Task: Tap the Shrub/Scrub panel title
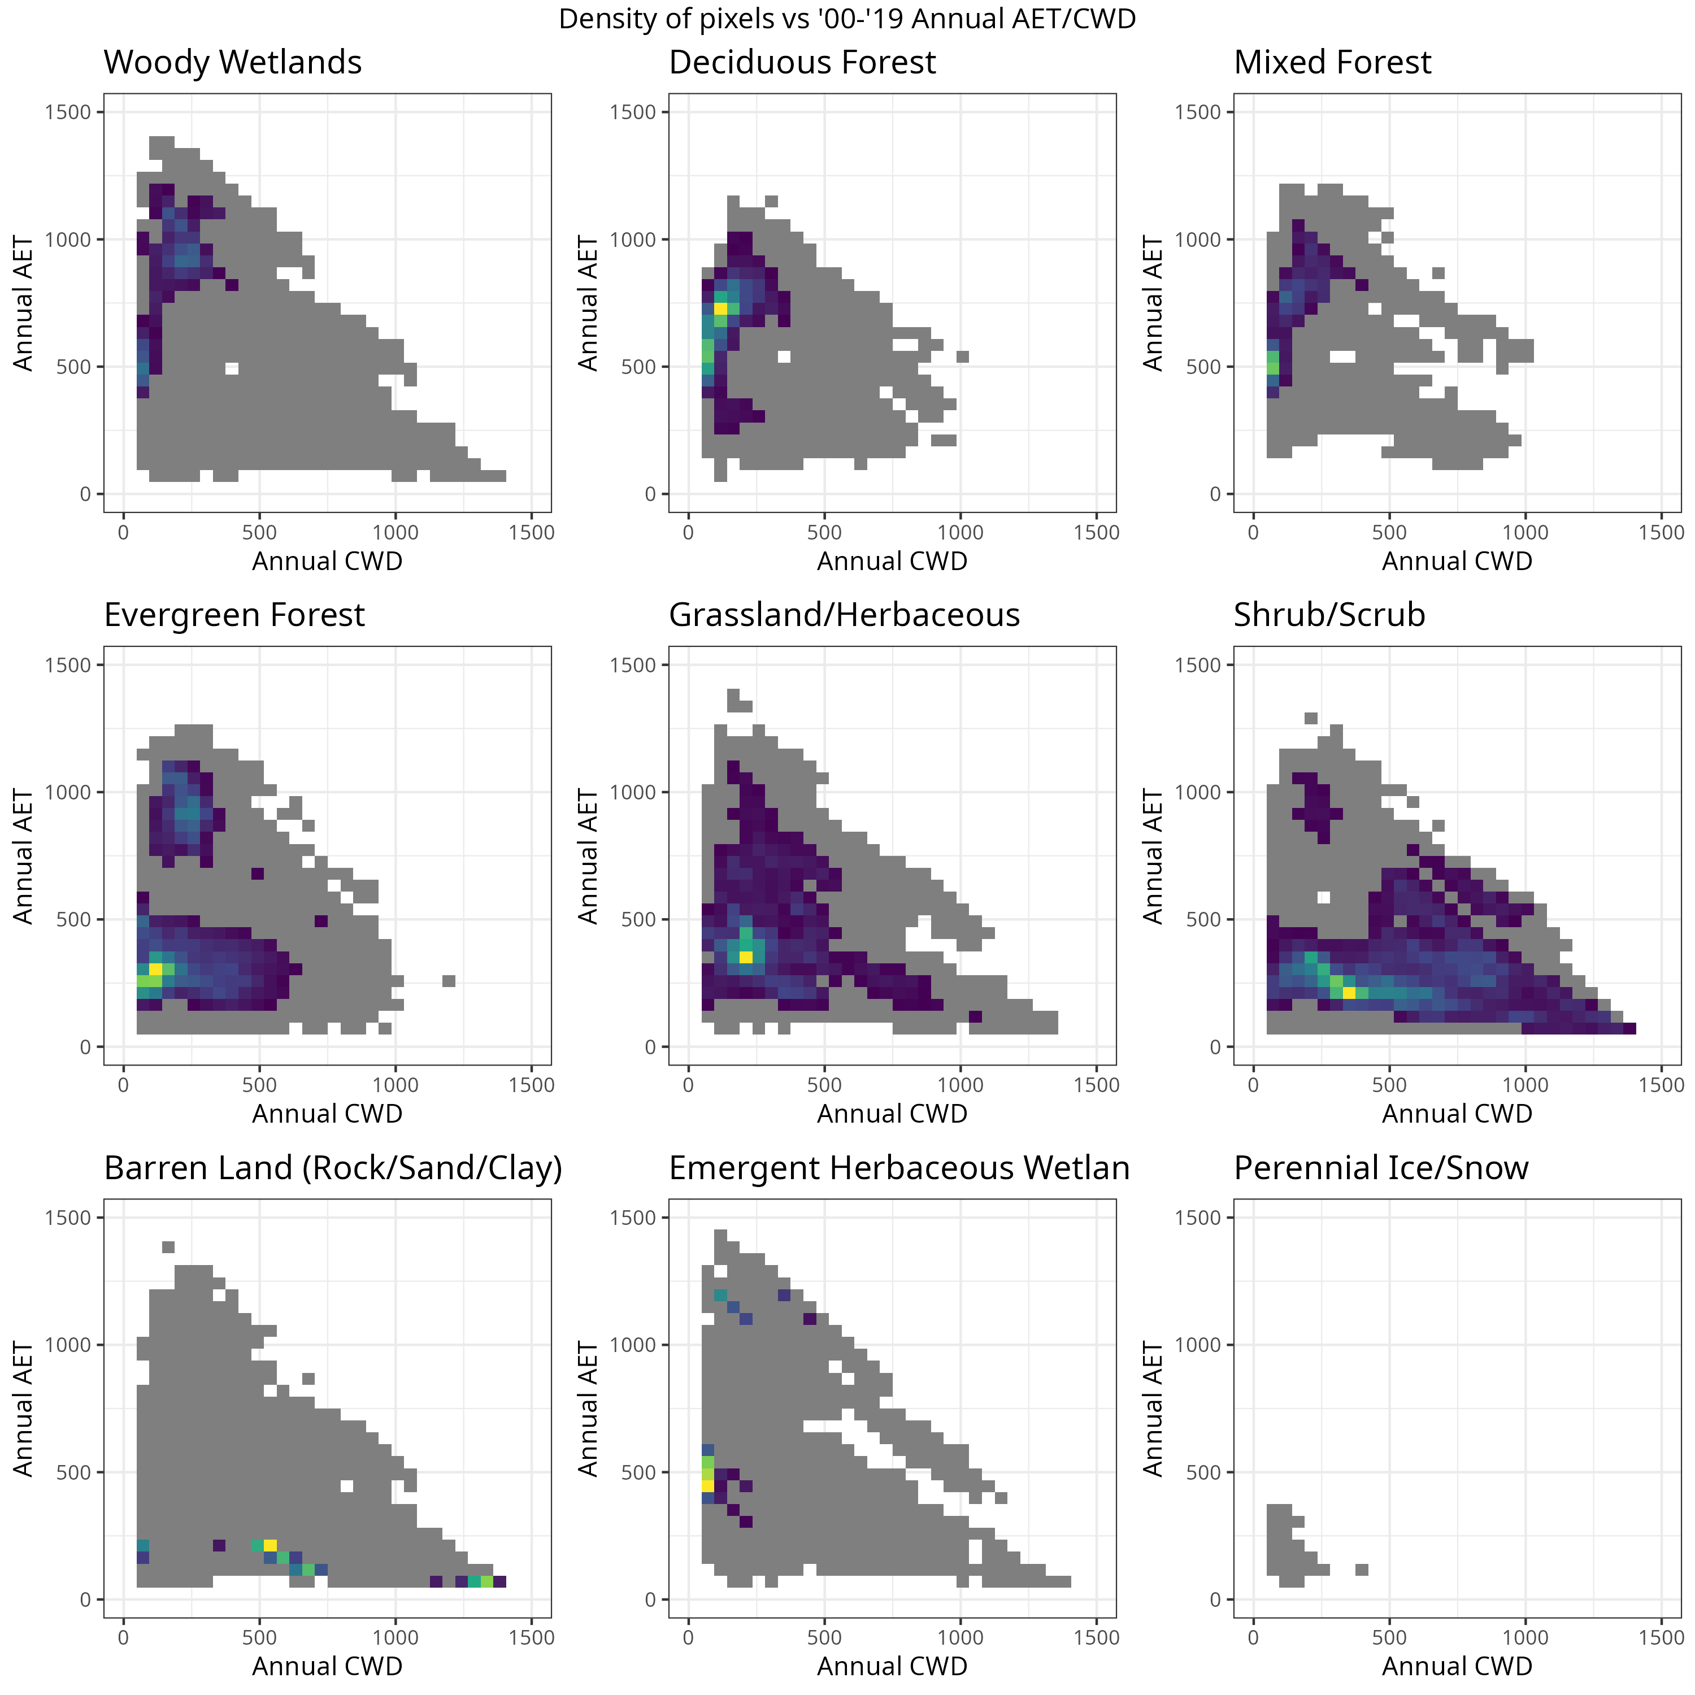[1328, 615]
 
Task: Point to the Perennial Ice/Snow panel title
[1380, 1168]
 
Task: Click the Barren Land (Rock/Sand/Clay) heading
[333, 1168]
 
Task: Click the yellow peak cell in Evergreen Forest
[155, 968]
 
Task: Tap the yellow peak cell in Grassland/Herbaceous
[746, 957]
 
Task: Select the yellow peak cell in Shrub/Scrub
[1349, 992]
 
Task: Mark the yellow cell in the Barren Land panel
[270, 1545]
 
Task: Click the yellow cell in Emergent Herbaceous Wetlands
[708, 1485]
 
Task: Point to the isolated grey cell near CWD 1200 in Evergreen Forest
[448, 981]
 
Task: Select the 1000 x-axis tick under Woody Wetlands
[395, 533]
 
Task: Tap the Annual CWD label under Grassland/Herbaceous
[892, 1114]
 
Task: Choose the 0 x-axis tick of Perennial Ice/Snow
[1253, 1637]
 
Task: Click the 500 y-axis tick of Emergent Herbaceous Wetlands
[638, 1472]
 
